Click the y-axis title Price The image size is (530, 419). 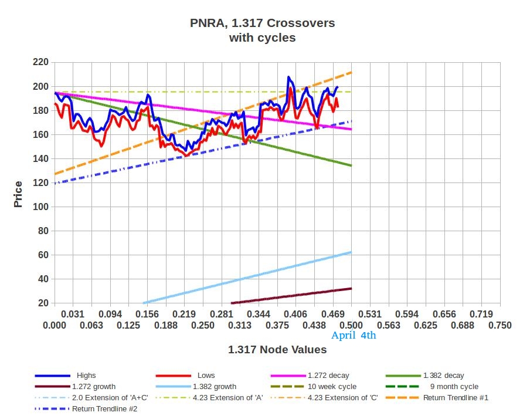[18, 194]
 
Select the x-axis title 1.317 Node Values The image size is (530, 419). [277, 350]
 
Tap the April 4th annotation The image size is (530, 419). [354, 336]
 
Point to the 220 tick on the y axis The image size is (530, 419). [40, 62]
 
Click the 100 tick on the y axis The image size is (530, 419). [40, 207]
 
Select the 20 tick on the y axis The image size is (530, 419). [43, 303]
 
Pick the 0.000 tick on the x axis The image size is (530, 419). [55, 325]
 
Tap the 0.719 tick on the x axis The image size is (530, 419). [481, 315]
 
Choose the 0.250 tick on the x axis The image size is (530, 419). [203, 325]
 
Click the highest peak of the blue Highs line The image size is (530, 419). [288, 77]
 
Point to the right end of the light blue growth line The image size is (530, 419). [351, 252]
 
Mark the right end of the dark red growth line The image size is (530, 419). [351, 288]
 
